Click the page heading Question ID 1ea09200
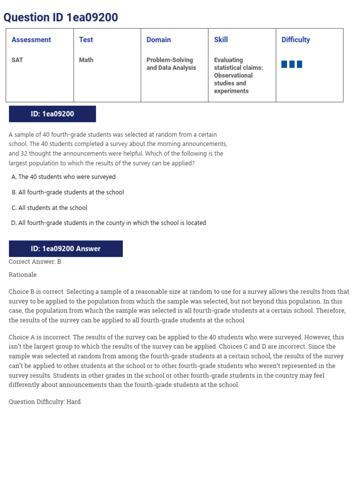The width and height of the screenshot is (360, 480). click(x=60, y=18)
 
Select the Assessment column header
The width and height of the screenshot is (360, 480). click(x=31, y=40)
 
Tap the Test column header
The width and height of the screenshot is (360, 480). click(x=86, y=40)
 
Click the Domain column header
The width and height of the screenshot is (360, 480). click(x=158, y=40)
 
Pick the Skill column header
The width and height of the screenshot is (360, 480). click(x=221, y=40)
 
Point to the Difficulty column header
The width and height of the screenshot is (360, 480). click(x=295, y=40)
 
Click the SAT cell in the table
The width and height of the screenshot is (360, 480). click(x=17, y=60)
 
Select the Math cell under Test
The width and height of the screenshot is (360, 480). click(x=86, y=60)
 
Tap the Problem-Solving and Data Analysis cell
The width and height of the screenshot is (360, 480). click(x=171, y=64)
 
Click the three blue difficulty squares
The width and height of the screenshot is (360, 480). click(x=292, y=64)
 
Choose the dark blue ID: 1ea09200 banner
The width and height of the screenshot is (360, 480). click(x=52, y=114)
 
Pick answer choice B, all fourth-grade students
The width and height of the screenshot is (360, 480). click(x=67, y=193)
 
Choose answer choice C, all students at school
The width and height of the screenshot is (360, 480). click(x=49, y=208)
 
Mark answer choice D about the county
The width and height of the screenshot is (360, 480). click(x=109, y=223)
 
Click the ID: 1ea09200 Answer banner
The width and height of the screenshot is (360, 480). click(x=66, y=249)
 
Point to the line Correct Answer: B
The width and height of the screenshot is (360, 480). click(x=35, y=262)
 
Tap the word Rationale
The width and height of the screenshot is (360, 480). click(x=22, y=275)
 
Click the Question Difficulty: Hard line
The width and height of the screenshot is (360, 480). click(x=45, y=402)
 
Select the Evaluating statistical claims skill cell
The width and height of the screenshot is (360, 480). click(x=238, y=75)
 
